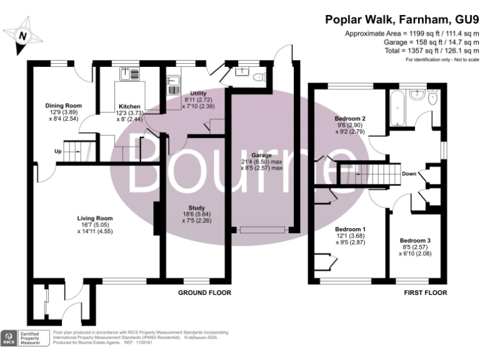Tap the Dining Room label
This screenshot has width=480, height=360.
[x=65, y=105]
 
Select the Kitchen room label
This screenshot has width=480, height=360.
[x=129, y=106]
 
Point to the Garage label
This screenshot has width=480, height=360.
[x=262, y=154]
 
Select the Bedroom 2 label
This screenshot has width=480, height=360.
[x=350, y=119]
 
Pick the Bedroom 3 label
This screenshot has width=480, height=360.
[x=415, y=241]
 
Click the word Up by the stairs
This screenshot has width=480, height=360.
[x=57, y=151]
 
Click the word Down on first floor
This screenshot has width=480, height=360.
[x=409, y=174]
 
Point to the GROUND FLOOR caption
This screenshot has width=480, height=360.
[x=205, y=292]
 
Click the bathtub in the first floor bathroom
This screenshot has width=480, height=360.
[x=397, y=109]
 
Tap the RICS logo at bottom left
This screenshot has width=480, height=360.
[x=9, y=338]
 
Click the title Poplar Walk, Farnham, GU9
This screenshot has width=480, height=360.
[x=402, y=19]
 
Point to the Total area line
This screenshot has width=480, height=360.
[x=424, y=51]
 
